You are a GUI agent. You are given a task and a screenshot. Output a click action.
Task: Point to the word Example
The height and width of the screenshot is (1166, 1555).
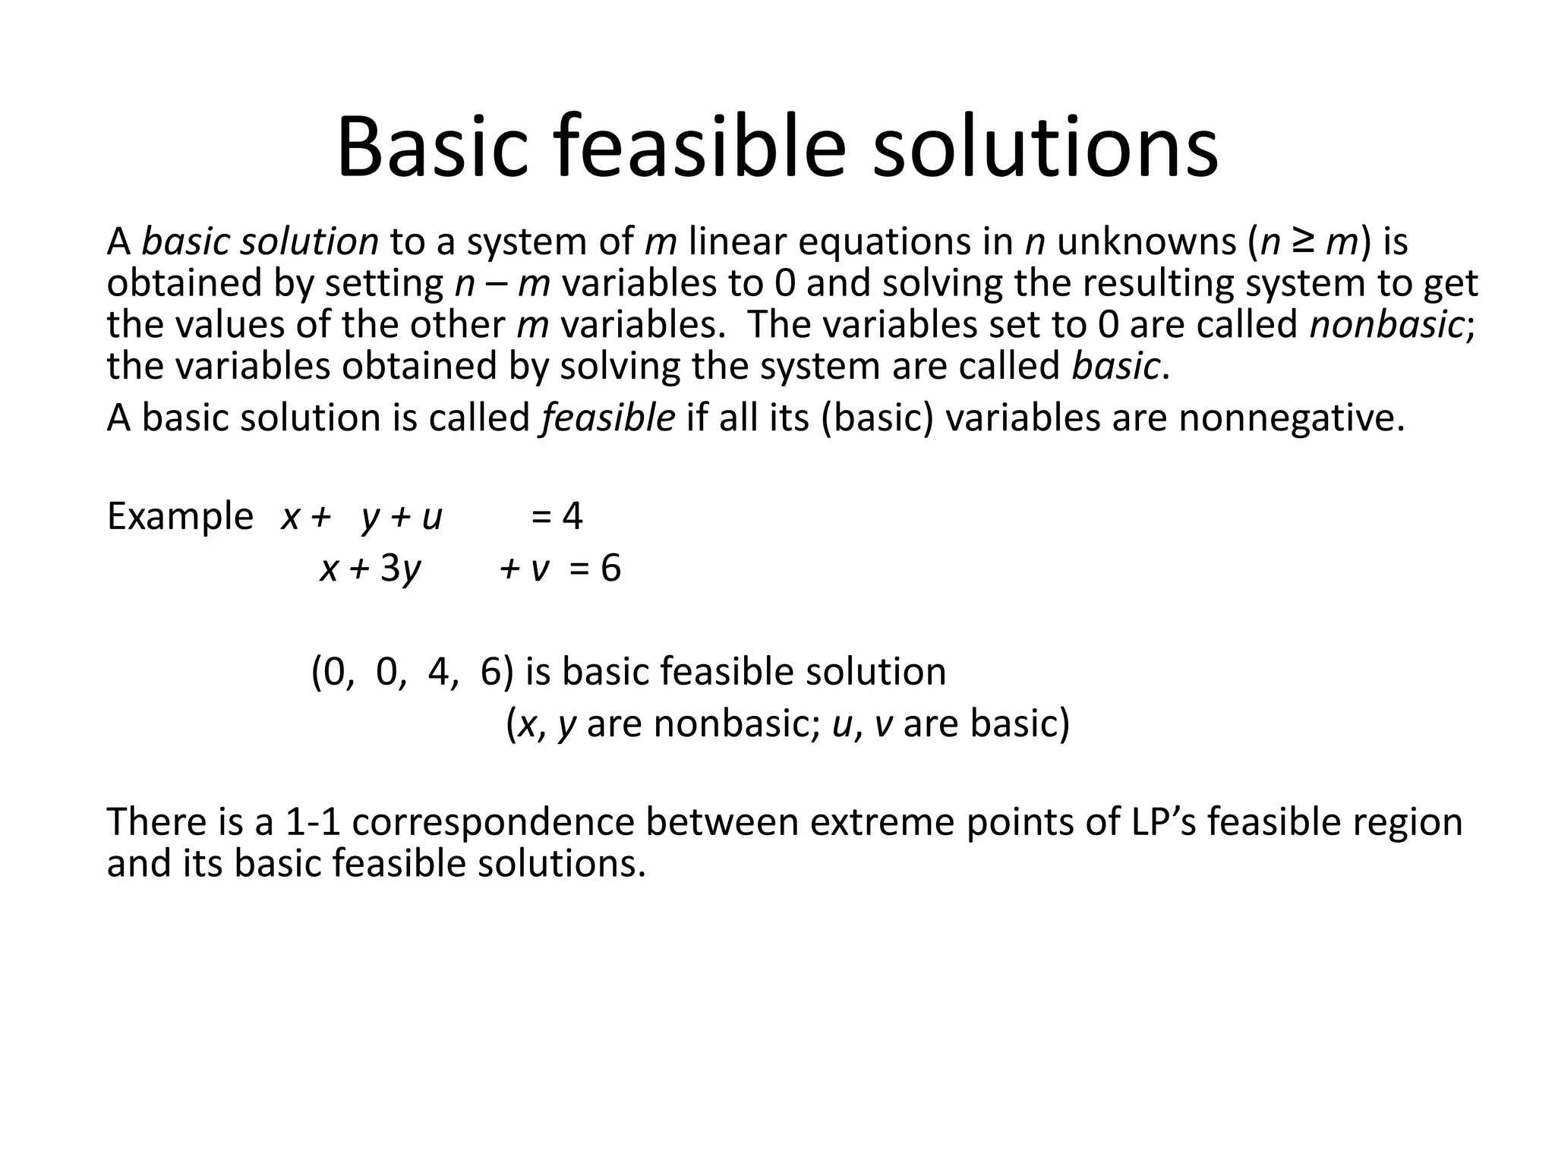pos(180,516)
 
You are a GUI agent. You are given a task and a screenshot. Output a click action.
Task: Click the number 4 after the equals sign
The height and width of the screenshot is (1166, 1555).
pos(572,516)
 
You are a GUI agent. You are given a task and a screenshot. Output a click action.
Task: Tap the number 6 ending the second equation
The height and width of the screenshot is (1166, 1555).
pos(610,568)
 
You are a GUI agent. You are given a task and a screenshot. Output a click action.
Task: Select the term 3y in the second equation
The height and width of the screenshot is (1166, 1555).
pos(400,568)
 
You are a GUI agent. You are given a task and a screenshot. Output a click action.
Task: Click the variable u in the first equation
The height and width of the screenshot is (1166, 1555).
pos(432,518)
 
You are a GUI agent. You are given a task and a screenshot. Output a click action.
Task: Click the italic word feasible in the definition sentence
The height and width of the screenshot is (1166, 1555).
pos(607,418)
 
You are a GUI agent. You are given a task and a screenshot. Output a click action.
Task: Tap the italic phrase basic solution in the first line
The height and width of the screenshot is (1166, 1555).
pos(260,241)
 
